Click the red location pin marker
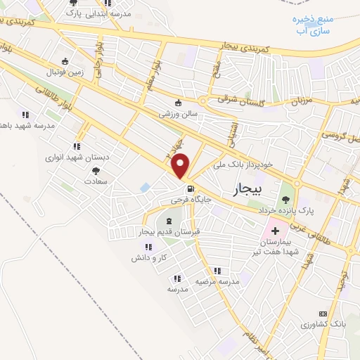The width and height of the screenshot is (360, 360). [x=181, y=165]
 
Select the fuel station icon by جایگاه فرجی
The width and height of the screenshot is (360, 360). [x=190, y=189]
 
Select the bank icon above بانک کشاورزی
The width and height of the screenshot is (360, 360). [x=323, y=314]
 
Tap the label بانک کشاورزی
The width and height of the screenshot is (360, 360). [x=323, y=324]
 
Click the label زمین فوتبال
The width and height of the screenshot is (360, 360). [x=65, y=70]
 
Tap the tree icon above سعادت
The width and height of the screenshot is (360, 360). [x=96, y=170]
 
